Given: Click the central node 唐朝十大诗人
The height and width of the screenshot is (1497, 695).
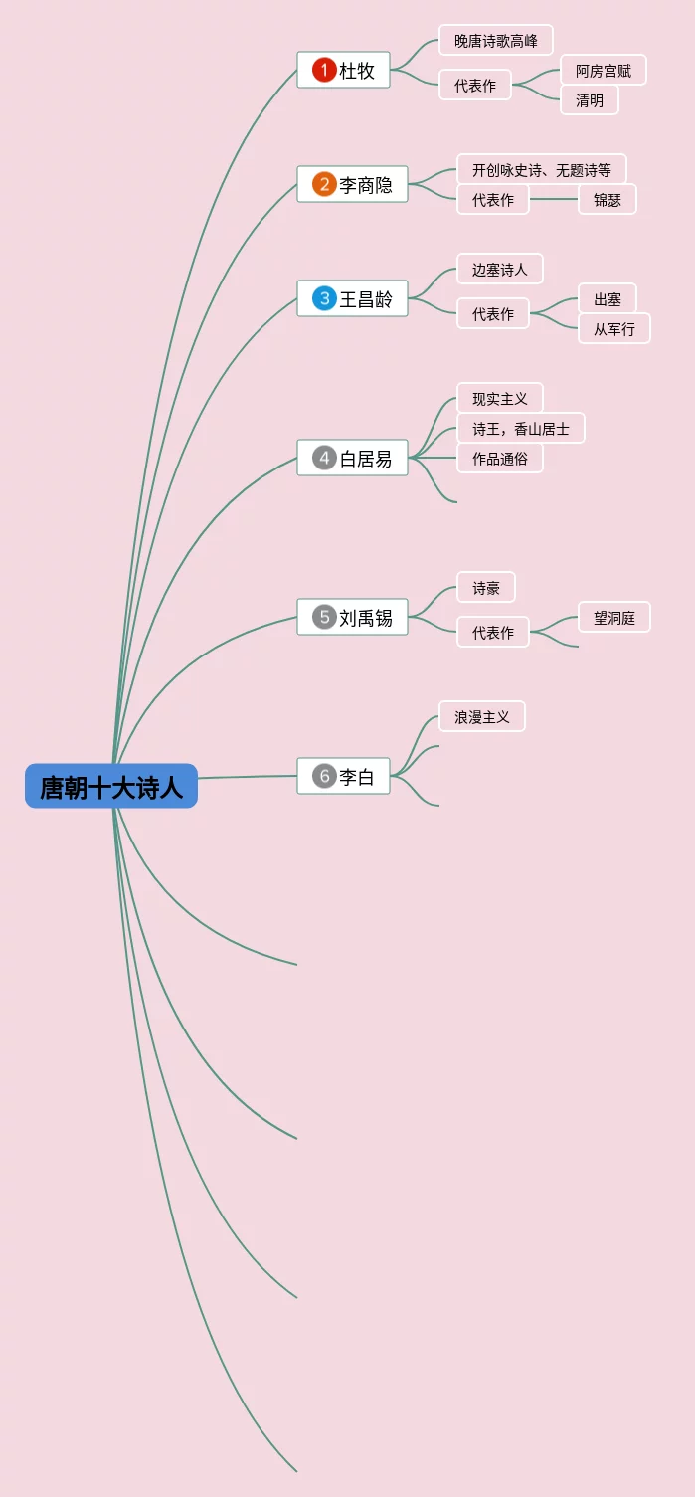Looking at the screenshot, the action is click(x=111, y=786).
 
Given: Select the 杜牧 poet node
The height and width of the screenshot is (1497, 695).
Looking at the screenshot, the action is click(x=344, y=70).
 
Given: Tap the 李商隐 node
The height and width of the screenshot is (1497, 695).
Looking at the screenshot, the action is click(x=353, y=184).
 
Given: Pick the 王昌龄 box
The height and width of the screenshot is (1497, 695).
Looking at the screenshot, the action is click(x=353, y=298).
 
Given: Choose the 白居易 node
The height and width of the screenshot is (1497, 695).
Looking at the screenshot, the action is click(x=353, y=458).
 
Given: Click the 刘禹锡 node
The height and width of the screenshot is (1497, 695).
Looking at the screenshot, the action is click(x=353, y=617).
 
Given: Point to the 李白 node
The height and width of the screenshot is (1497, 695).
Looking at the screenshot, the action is click(x=344, y=776).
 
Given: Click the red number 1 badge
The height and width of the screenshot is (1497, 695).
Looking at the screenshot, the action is click(x=324, y=70).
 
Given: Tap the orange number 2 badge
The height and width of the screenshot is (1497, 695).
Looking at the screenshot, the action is click(x=324, y=184).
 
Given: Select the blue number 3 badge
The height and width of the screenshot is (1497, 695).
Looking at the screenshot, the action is click(x=324, y=298).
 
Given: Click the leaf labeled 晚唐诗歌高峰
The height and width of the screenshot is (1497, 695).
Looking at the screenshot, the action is click(x=496, y=41).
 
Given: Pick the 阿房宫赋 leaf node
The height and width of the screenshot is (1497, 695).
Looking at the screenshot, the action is click(x=604, y=71).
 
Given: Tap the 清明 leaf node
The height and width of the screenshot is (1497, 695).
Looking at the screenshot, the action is click(x=590, y=100).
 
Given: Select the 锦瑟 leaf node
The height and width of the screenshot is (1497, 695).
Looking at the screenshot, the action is click(x=608, y=200).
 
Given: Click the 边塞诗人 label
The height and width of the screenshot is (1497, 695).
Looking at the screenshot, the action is click(x=500, y=270).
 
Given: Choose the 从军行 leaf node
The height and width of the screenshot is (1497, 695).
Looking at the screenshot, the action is click(x=614, y=329).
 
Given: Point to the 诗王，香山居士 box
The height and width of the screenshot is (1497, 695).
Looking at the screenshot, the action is click(x=521, y=429).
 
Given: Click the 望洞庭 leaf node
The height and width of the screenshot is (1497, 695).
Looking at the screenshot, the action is click(x=614, y=618).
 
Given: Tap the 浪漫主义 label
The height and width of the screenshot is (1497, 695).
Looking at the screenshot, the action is click(x=482, y=717).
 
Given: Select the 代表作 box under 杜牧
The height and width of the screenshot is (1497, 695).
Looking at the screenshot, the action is click(x=475, y=86).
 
